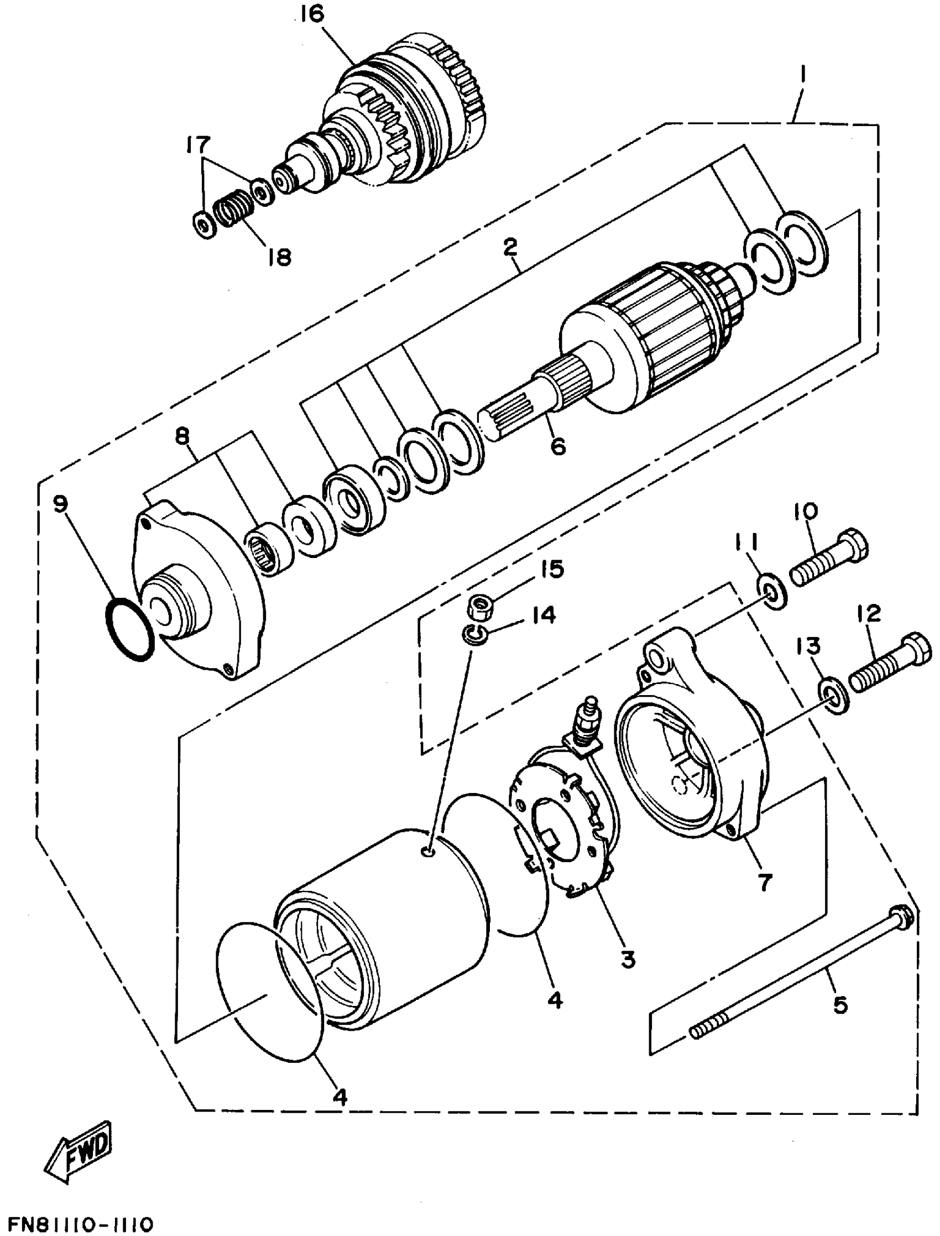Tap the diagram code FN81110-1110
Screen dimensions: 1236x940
tap(77, 1222)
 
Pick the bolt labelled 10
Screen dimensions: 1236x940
tap(829, 559)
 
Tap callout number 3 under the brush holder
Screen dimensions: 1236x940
tap(627, 958)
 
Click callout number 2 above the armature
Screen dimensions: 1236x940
tap(510, 247)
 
